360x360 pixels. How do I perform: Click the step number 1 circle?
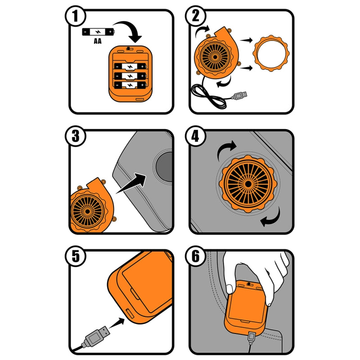(76, 16)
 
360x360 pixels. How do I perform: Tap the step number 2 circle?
(196, 16)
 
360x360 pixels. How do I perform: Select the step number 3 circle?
(76, 136)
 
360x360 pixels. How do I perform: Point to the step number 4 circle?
(196, 136)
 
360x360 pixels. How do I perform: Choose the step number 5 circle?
(76, 256)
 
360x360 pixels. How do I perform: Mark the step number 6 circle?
(196, 256)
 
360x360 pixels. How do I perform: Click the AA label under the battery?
(98, 41)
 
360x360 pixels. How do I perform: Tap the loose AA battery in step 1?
(98, 31)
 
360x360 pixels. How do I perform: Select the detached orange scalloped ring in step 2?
(271, 53)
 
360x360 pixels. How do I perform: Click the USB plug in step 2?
(239, 95)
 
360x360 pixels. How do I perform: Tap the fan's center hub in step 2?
(215, 57)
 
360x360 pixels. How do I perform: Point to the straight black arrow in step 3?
(131, 183)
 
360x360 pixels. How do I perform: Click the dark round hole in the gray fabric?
(164, 166)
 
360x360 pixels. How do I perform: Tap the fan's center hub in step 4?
(248, 184)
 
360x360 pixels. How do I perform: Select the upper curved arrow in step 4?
(227, 149)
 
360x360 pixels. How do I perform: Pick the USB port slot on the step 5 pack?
(130, 313)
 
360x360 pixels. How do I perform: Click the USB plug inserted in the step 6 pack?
(251, 338)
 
